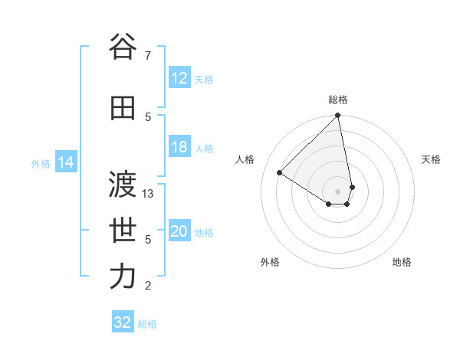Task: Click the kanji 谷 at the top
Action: [123, 47]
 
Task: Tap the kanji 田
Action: [123, 108]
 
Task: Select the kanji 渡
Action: [123, 183]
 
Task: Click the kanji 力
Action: [123, 277]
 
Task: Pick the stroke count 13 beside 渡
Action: [149, 195]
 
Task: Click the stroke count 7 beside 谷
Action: [148, 55]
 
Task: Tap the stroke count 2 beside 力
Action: [148, 286]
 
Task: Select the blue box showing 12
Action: [179, 78]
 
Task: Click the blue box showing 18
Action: [179, 147]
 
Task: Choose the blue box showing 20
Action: [179, 232]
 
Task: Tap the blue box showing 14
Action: [66, 162]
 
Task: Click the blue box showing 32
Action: [123, 322]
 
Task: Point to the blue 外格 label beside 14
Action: [41, 163]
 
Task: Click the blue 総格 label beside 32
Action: [147, 324]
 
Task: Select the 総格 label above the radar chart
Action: [338, 100]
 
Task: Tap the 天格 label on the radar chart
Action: [431, 159]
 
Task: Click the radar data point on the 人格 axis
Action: [280, 173]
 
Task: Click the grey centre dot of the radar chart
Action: [338, 191]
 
